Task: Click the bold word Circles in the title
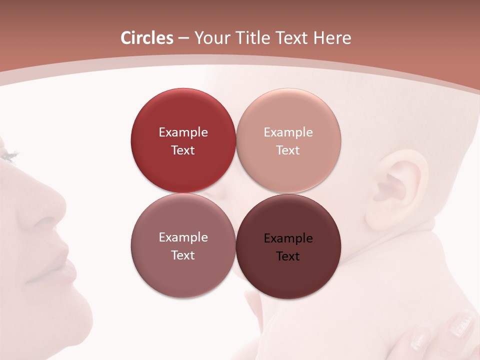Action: [146, 38]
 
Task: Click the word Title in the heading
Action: [255, 38]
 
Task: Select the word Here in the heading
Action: [332, 38]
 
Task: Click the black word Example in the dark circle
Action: [288, 238]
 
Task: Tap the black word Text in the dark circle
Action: [288, 256]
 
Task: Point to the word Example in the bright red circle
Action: [183, 132]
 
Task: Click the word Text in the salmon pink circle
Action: [288, 150]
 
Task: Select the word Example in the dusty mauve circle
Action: [183, 237]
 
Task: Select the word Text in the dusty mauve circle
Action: [183, 255]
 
